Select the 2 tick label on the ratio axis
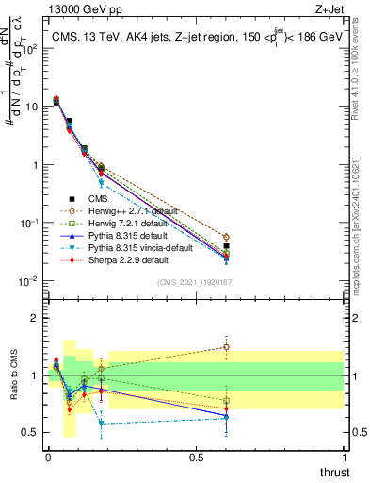36,318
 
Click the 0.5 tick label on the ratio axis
31,433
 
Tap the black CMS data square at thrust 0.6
226,246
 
